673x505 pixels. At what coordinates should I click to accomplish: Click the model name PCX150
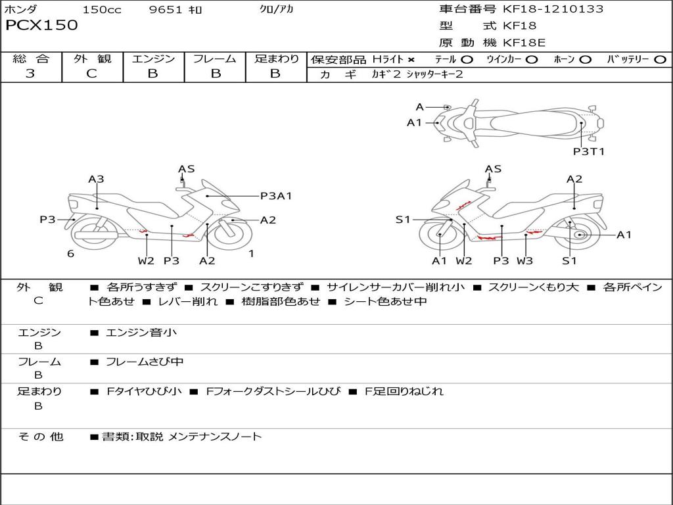(x=41, y=26)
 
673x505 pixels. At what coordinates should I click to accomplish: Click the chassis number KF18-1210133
(x=553, y=9)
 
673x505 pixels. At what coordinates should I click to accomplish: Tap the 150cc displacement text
(x=102, y=10)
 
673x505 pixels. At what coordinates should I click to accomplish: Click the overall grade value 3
(x=30, y=74)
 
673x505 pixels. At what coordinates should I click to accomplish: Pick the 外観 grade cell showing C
(x=92, y=74)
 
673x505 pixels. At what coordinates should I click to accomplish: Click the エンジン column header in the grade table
(x=153, y=59)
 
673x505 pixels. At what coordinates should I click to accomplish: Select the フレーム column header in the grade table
(x=214, y=59)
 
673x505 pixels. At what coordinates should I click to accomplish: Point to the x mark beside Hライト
(x=411, y=60)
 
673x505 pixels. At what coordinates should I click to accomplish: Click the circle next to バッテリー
(x=660, y=60)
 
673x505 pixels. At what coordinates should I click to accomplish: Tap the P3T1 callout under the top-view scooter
(x=588, y=152)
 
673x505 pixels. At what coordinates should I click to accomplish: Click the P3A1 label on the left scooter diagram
(x=276, y=195)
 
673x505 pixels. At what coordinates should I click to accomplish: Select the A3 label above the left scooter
(x=97, y=179)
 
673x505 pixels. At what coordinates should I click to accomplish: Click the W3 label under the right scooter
(x=524, y=260)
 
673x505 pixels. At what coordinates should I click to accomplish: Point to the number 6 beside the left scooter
(x=70, y=254)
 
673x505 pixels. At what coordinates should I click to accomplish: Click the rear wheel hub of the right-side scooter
(x=579, y=235)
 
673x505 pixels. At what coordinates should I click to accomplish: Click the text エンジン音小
(x=141, y=333)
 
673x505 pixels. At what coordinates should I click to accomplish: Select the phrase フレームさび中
(x=145, y=362)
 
